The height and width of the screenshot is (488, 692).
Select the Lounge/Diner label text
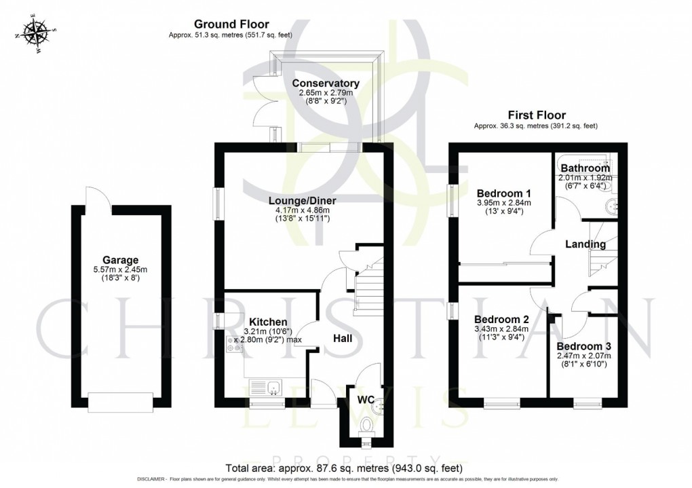(302, 200)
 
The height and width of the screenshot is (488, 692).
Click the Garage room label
(120, 260)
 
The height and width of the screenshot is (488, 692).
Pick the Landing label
(585, 244)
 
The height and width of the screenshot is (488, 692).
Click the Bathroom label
(585, 168)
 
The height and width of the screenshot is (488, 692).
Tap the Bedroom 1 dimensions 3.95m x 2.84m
(503, 202)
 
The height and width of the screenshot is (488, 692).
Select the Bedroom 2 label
(501, 319)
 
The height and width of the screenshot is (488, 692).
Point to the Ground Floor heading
(231, 23)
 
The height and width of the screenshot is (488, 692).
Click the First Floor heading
(535, 115)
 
